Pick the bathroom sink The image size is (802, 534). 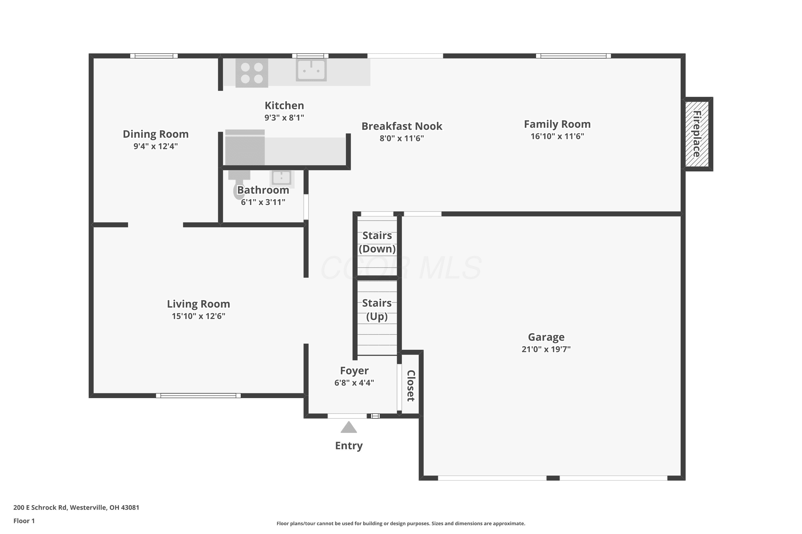click(x=282, y=178)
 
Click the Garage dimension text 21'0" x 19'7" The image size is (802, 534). click(x=546, y=349)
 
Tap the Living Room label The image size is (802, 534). click(x=198, y=304)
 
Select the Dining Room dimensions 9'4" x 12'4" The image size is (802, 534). click(x=156, y=146)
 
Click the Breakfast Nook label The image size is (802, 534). click(x=402, y=126)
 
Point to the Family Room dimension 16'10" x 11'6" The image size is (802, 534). click(x=557, y=136)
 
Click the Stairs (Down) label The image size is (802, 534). click(x=377, y=242)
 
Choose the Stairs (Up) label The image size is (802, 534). click(x=377, y=309)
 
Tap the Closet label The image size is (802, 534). click(x=411, y=386)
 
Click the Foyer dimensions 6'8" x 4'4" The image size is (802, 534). click(x=354, y=383)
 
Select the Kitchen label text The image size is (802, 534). click(x=284, y=105)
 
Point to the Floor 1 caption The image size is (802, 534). click(x=24, y=521)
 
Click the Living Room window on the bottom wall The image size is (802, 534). click(x=198, y=395)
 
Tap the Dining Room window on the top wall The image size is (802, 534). click(x=154, y=56)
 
